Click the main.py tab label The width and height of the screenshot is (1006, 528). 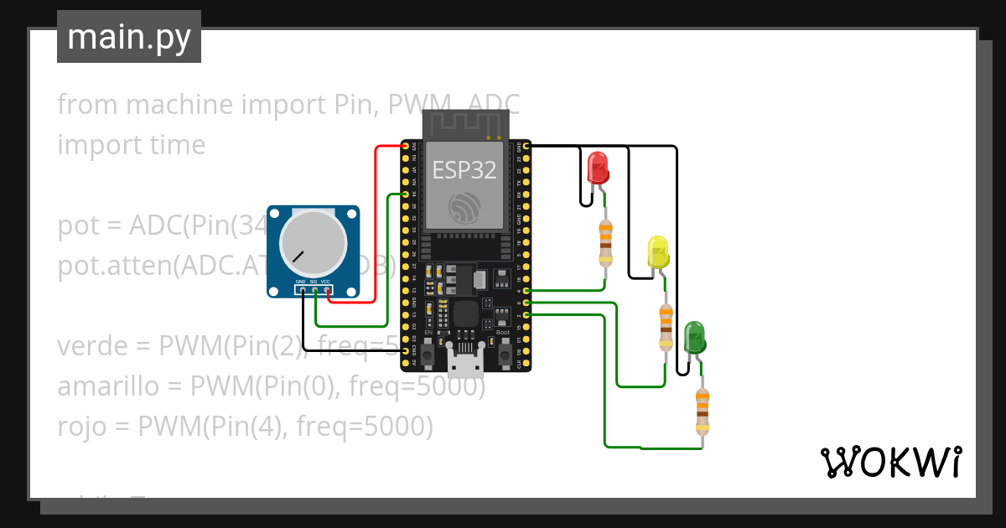tap(128, 37)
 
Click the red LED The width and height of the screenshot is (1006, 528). tap(598, 168)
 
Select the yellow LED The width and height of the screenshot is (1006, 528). tap(658, 251)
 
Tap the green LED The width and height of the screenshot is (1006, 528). tap(694, 337)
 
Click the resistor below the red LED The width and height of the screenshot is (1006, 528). tap(605, 241)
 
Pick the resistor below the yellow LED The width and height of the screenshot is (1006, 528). tap(666, 327)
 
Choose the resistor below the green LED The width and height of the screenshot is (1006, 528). tap(702, 411)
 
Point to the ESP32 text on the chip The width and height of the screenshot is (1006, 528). tap(464, 170)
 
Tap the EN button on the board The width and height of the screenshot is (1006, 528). tap(428, 356)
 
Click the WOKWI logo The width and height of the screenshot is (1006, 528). tap(890, 462)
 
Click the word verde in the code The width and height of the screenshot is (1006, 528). tap(96, 345)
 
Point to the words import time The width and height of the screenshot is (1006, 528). tap(131, 145)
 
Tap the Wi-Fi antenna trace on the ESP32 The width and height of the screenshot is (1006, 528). tap(465, 126)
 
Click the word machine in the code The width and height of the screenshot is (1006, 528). tap(179, 105)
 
